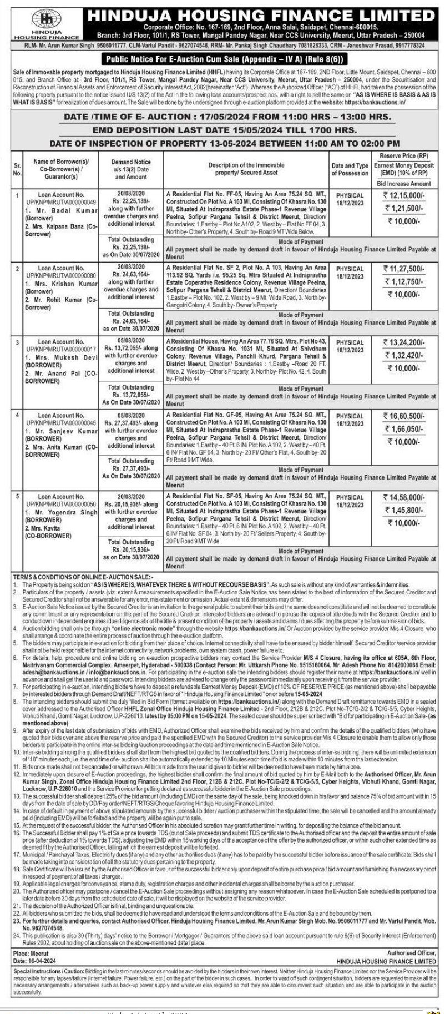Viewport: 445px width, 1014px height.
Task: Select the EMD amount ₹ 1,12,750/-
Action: [x=403, y=281]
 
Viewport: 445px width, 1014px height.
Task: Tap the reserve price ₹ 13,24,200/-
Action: [x=403, y=342]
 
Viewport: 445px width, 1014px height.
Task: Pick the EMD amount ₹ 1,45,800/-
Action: [x=403, y=510]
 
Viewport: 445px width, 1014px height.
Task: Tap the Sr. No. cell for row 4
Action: [x=17, y=415]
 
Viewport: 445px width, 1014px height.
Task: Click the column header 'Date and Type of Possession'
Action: [x=350, y=169]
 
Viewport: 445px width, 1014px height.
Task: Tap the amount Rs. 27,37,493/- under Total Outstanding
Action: [x=133, y=468]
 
